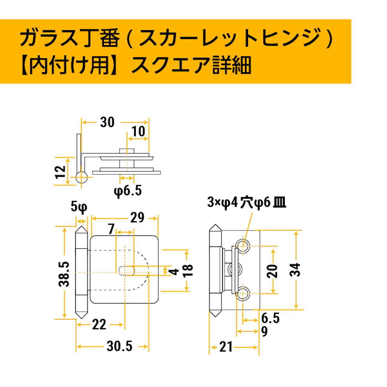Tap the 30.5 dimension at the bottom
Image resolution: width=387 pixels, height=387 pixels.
(119, 346)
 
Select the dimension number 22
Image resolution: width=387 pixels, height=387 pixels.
(99, 324)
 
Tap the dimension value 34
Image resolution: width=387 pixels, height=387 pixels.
(295, 270)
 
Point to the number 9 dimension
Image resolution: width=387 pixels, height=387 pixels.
(264, 332)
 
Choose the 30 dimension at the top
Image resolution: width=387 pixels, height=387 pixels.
(107, 122)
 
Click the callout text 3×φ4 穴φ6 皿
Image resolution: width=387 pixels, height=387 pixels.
(247, 203)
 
